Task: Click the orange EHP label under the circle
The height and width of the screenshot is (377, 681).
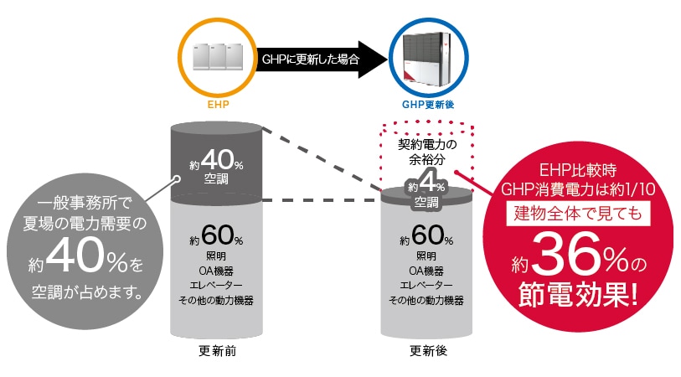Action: (x=218, y=107)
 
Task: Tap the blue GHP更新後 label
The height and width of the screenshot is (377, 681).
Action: (x=428, y=107)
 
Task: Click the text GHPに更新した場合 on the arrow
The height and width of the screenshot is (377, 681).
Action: (x=311, y=59)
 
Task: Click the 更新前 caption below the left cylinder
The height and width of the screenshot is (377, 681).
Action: (x=218, y=350)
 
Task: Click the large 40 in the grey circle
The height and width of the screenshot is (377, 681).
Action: (x=75, y=261)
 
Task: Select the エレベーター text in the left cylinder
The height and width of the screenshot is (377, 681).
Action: (x=216, y=285)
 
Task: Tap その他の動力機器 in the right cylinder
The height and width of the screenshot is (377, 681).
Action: (x=426, y=300)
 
